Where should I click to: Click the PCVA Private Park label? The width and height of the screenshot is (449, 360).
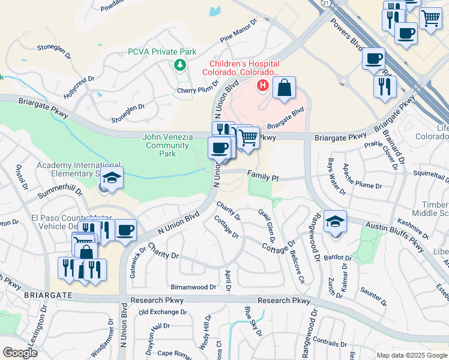(161, 52)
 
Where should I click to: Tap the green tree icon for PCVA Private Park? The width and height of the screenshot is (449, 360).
(179, 65)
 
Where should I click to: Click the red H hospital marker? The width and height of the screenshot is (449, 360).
(262, 86)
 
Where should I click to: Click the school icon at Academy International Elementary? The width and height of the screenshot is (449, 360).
(112, 178)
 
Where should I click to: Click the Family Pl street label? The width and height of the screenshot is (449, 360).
(263, 178)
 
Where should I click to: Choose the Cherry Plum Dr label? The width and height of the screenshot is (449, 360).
(197, 90)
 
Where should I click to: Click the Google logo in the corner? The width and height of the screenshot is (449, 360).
(20, 353)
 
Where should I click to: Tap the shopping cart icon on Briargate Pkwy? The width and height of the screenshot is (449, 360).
(247, 138)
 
